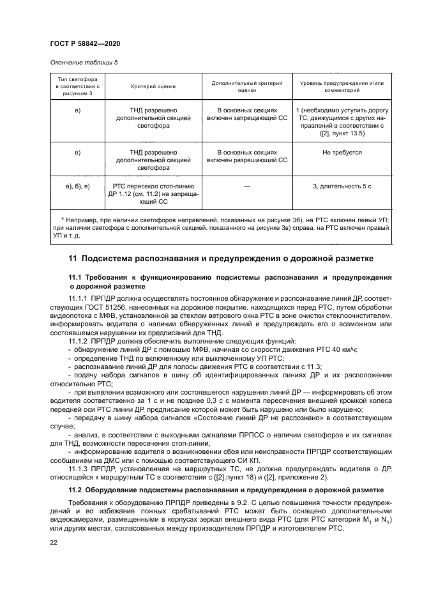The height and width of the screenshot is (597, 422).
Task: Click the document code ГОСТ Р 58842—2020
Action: [x=84, y=43]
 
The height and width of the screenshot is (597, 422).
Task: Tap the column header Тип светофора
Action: [x=77, y=85]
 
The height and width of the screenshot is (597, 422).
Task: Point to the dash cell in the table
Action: [x=246, y=185]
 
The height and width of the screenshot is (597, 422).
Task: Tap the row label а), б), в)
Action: [x=77, y=185]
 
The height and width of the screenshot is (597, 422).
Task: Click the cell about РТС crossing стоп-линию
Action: [x=153, y=193]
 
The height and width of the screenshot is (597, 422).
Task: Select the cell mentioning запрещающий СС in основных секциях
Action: [x=246, y=115]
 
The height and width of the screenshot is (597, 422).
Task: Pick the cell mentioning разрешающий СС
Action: [x=246, y=156]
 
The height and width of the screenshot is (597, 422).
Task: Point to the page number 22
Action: [x=54, y=541]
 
